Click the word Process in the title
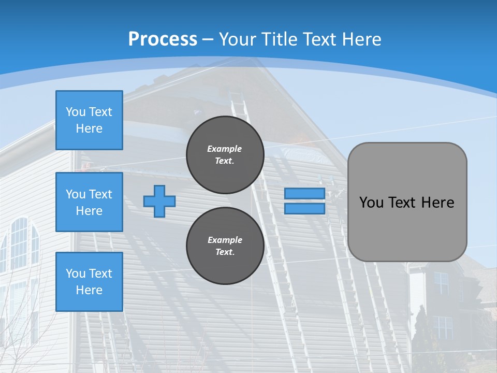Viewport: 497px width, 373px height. point(163,39)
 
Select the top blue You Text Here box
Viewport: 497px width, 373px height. point(89,120)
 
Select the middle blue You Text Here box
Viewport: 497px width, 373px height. point(89,202)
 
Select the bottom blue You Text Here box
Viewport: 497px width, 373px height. point(89,282)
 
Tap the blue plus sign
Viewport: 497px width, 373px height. point(159,201)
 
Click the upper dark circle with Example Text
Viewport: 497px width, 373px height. point(225,155)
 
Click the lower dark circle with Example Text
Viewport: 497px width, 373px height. point(225,246)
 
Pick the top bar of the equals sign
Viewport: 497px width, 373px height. point(304,194)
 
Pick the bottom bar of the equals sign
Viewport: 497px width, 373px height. point(304,208)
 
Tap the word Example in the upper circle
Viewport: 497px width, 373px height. point(224,149)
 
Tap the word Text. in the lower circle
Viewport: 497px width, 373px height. point(225,252)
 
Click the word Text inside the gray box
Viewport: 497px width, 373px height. point(402,203)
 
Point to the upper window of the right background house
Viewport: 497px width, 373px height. point(441,283)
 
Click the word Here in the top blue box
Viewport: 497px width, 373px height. point(89,128)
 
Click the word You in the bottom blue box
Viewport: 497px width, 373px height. point(76,274)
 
